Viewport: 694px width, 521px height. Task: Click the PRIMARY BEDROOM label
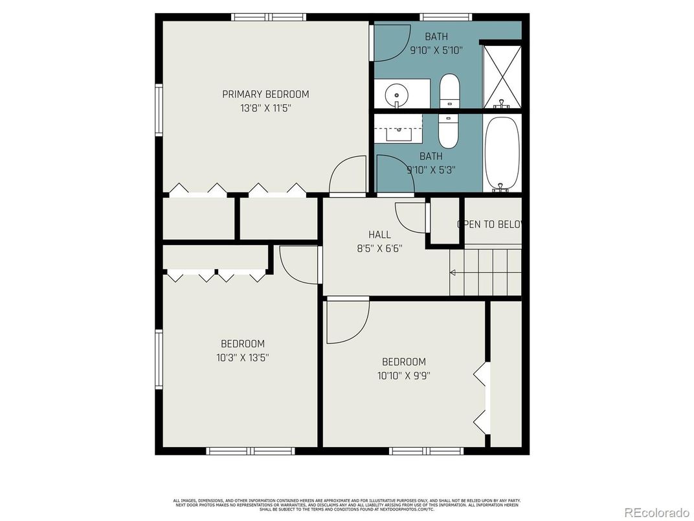[265, 94]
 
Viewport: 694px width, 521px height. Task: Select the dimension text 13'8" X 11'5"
[265, 108]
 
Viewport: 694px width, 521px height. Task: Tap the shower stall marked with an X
[502, 76]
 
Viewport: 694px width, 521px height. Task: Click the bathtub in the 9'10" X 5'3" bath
[502, 153]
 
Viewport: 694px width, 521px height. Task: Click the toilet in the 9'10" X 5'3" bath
[448, 130]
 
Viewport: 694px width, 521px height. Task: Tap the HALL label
[379, 235]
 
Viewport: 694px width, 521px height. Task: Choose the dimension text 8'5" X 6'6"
[379, 248]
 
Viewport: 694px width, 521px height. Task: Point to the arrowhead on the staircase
[454, 273]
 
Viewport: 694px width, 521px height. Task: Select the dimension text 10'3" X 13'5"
[242, 357]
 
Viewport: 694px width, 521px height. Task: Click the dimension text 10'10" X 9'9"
[403, 375]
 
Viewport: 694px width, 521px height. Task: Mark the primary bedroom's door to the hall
[348, 176]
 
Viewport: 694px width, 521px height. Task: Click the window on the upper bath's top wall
[445, 17]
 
